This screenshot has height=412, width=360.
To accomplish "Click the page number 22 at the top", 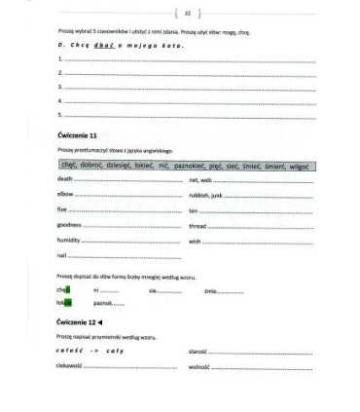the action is [x=186, y=13].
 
